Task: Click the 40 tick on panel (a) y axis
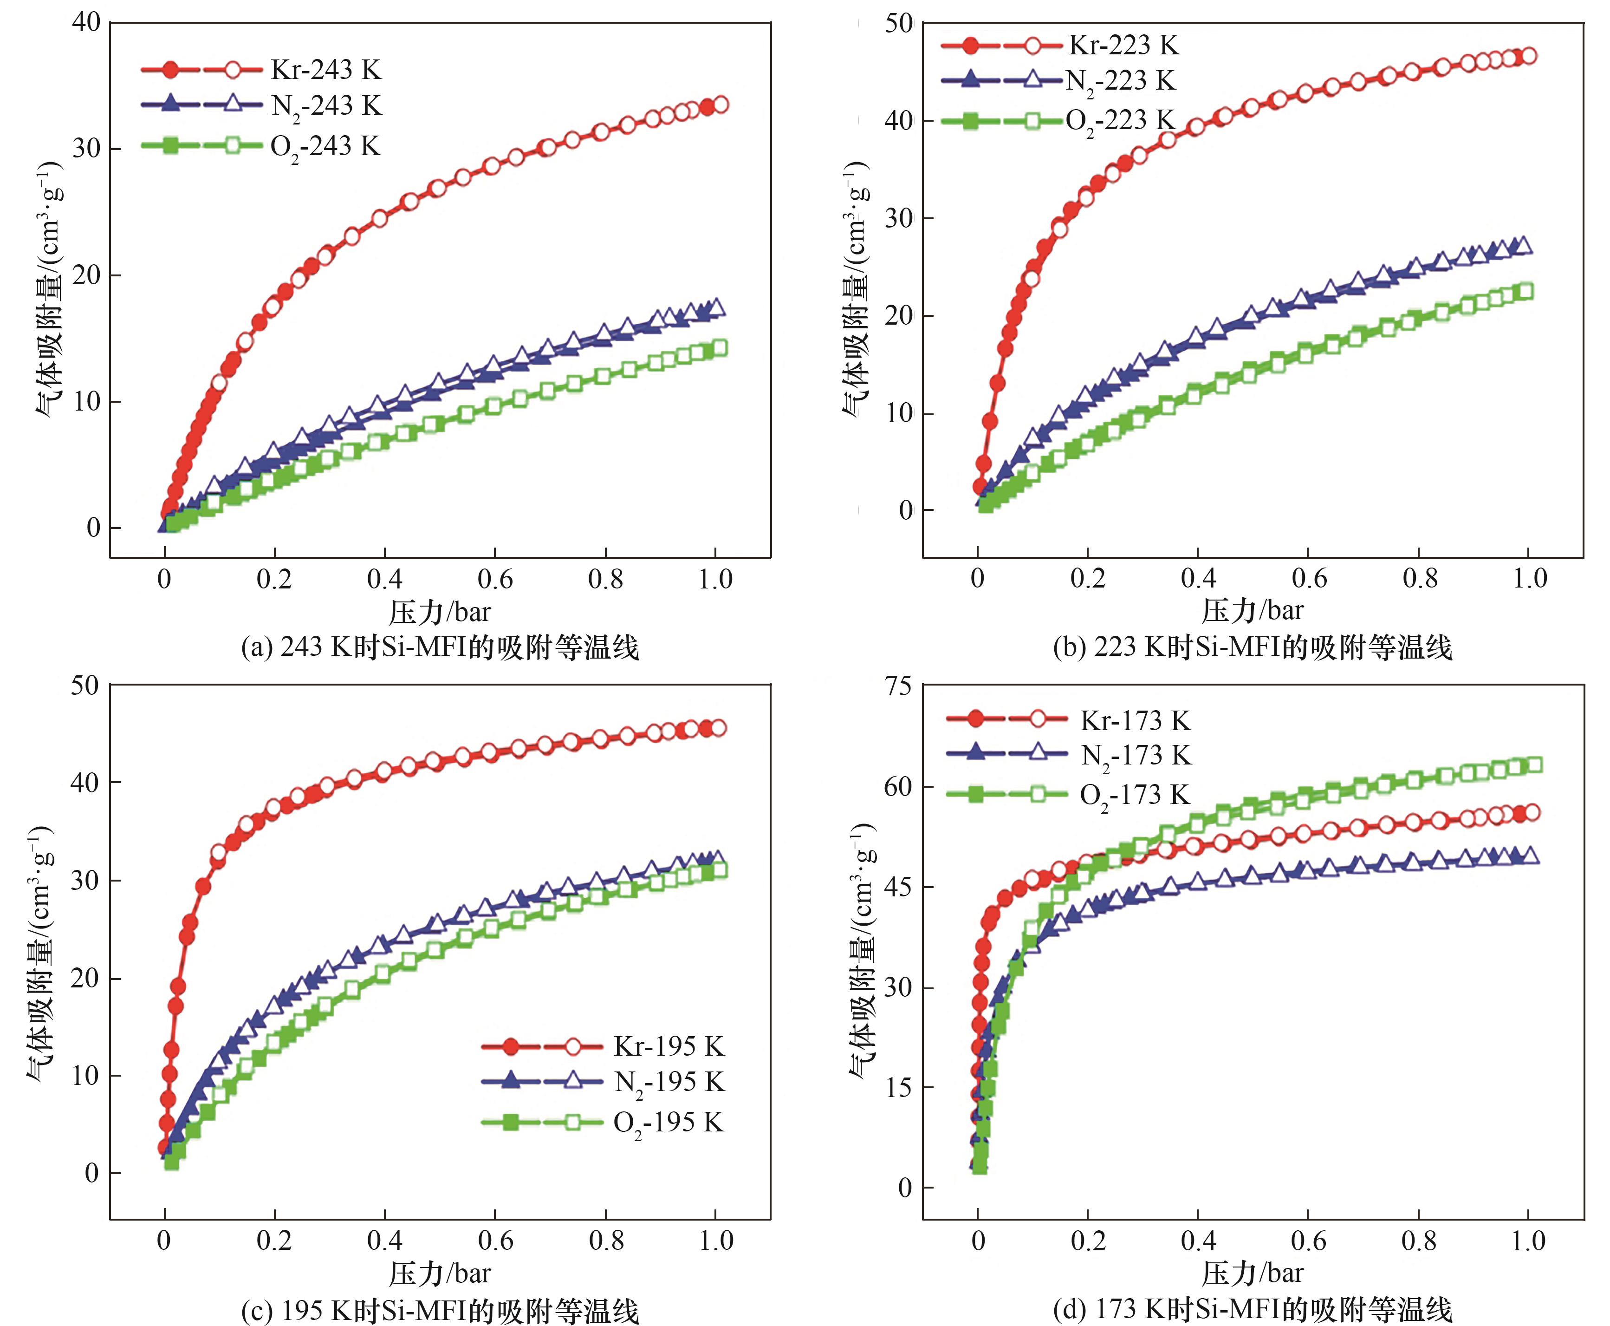86,22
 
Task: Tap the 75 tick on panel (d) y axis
898,686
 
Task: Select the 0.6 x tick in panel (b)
1308,578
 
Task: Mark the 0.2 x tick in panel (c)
274,1241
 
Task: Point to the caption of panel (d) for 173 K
1252,1309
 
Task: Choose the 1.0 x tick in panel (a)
716,579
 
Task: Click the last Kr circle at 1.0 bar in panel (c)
718,728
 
